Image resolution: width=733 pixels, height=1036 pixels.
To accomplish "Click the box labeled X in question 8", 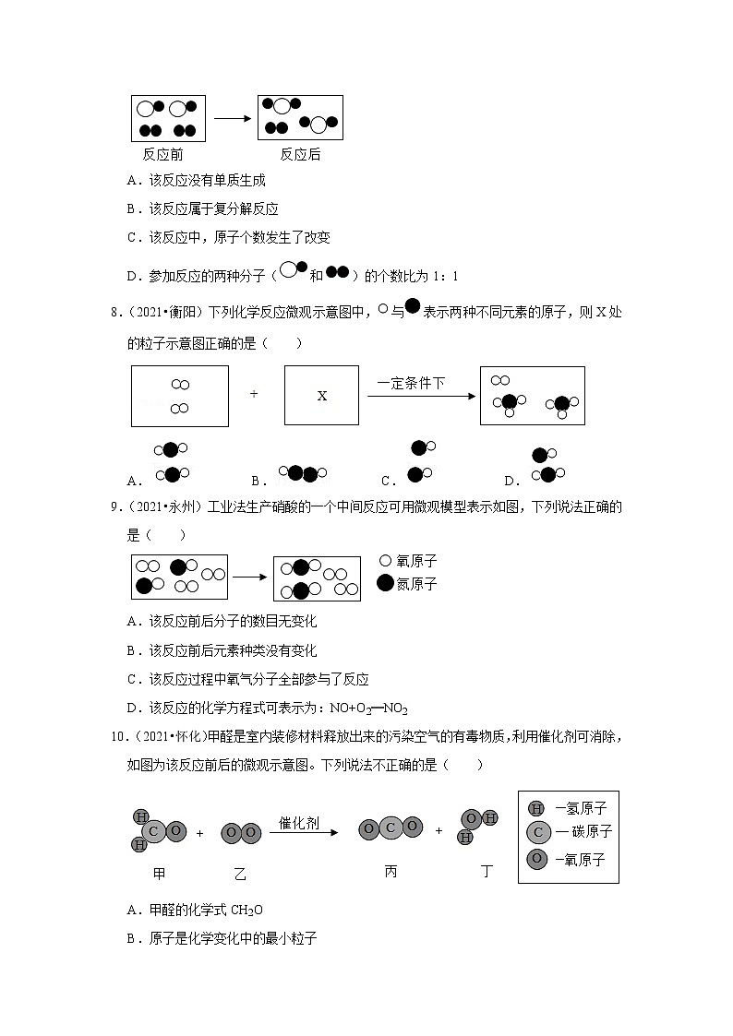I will point(322,396).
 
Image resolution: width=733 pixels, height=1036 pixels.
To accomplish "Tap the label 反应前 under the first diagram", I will point(162,154).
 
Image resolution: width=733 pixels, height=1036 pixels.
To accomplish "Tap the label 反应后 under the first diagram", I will point(300,154).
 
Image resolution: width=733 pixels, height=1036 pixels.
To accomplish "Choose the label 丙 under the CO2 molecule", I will point(391,871).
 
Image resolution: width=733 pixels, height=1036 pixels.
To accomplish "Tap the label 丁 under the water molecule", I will point(487,871).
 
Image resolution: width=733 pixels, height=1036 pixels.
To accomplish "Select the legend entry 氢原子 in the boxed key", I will point(581,808).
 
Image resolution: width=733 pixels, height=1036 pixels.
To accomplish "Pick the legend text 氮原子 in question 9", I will point(416,584).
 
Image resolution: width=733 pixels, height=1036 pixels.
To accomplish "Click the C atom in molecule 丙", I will point(391,828).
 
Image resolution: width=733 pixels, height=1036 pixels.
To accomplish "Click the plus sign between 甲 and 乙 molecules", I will point(199,833).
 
